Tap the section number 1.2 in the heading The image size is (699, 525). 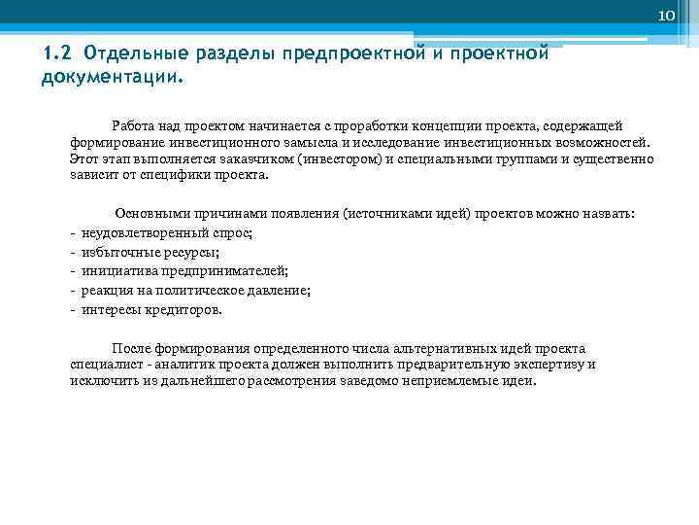coord(57,52)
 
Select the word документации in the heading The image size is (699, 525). coord(110,76)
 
